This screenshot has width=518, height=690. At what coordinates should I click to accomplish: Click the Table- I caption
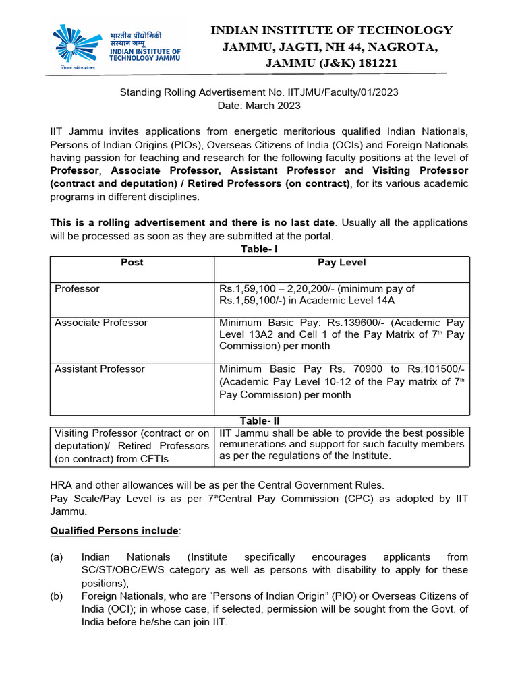(260, 249)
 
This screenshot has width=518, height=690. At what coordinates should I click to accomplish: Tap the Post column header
(132, 262)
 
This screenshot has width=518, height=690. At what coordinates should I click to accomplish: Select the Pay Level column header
(342, 262)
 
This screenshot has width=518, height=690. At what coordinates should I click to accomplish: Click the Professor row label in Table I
(77, 288)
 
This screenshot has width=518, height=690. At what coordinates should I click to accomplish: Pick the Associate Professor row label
(100, 323)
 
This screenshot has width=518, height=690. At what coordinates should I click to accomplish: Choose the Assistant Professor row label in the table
(99, 369)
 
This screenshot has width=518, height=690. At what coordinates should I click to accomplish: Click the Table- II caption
(260, 420)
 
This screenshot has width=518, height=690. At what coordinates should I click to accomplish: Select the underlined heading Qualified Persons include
(115, 530)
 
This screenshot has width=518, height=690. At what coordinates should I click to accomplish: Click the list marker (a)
(57, 557)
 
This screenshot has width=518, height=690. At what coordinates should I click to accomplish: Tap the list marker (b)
(57, 596)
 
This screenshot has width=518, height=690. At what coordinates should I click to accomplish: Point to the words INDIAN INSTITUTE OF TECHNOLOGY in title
(331, 30)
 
